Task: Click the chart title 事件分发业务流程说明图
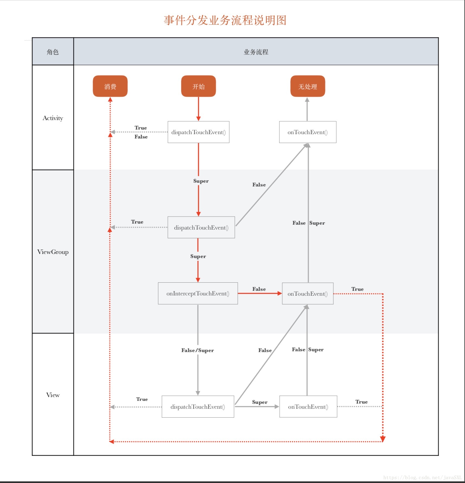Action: pyautogui.click(x=225, y=20)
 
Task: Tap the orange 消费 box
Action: pyautogui.click(x=110, y=86)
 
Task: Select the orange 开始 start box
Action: pyautogui.click(x=198, y=86)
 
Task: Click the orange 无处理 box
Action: pyautogui.click(x=308, y=86)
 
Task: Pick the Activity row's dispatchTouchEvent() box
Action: pyautogui.click(x=198, y=132)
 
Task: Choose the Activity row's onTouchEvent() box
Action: pyautogui.click(x=308, y=132)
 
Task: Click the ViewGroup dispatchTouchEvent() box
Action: pyautogui.click(x=201, y=227)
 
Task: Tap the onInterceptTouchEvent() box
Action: pyautogui.click(x=198, y=293)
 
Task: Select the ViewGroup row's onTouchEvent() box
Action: pyautogui.click(x=308, y=294)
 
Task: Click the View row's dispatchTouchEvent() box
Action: pyautogui.click(x=198, y=407)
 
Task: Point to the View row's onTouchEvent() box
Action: pyautogui.click(x=308, y=407)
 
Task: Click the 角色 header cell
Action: pyautogui.click(x=53, y=51)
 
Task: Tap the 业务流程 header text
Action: pyautogui.click(x=256, y=52)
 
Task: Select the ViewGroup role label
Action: pyautogui.click(x=53, y=252)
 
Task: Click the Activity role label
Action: pyautogui.click(x=53, y=118)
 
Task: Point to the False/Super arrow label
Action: pyautogui.click(x=198, y=350)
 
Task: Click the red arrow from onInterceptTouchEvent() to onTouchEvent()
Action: pyautogui.click(x=260, y=293)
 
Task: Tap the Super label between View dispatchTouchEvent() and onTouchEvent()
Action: pyautogui.click(x=260, y=402)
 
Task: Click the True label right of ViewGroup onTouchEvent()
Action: pyautogui.click(x=357, y=289)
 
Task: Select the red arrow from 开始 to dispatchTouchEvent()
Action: pyautogui.click(x=198, y=109)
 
